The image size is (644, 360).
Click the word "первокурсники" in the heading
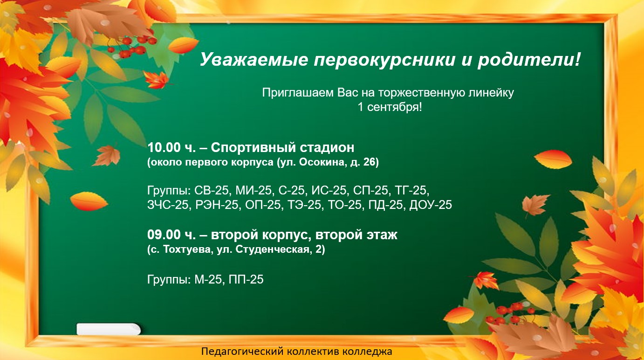[384, 60]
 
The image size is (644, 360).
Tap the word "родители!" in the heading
[529, 60]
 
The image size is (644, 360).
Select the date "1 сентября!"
[390, 107]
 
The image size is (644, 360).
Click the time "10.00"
[164, 148]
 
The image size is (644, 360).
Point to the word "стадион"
[327, 148]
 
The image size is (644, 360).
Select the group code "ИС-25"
[329, 190]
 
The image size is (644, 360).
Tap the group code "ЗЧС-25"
[168, 205]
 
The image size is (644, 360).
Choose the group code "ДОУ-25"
[431, 205]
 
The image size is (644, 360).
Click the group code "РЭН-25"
[217, 205]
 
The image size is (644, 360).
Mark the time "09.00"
[164, 235]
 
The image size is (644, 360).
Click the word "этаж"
[382, 235]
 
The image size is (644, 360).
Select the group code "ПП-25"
[246, 279]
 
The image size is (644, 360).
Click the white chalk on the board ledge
[109, 329]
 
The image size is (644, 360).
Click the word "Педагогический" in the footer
[243, 352]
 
